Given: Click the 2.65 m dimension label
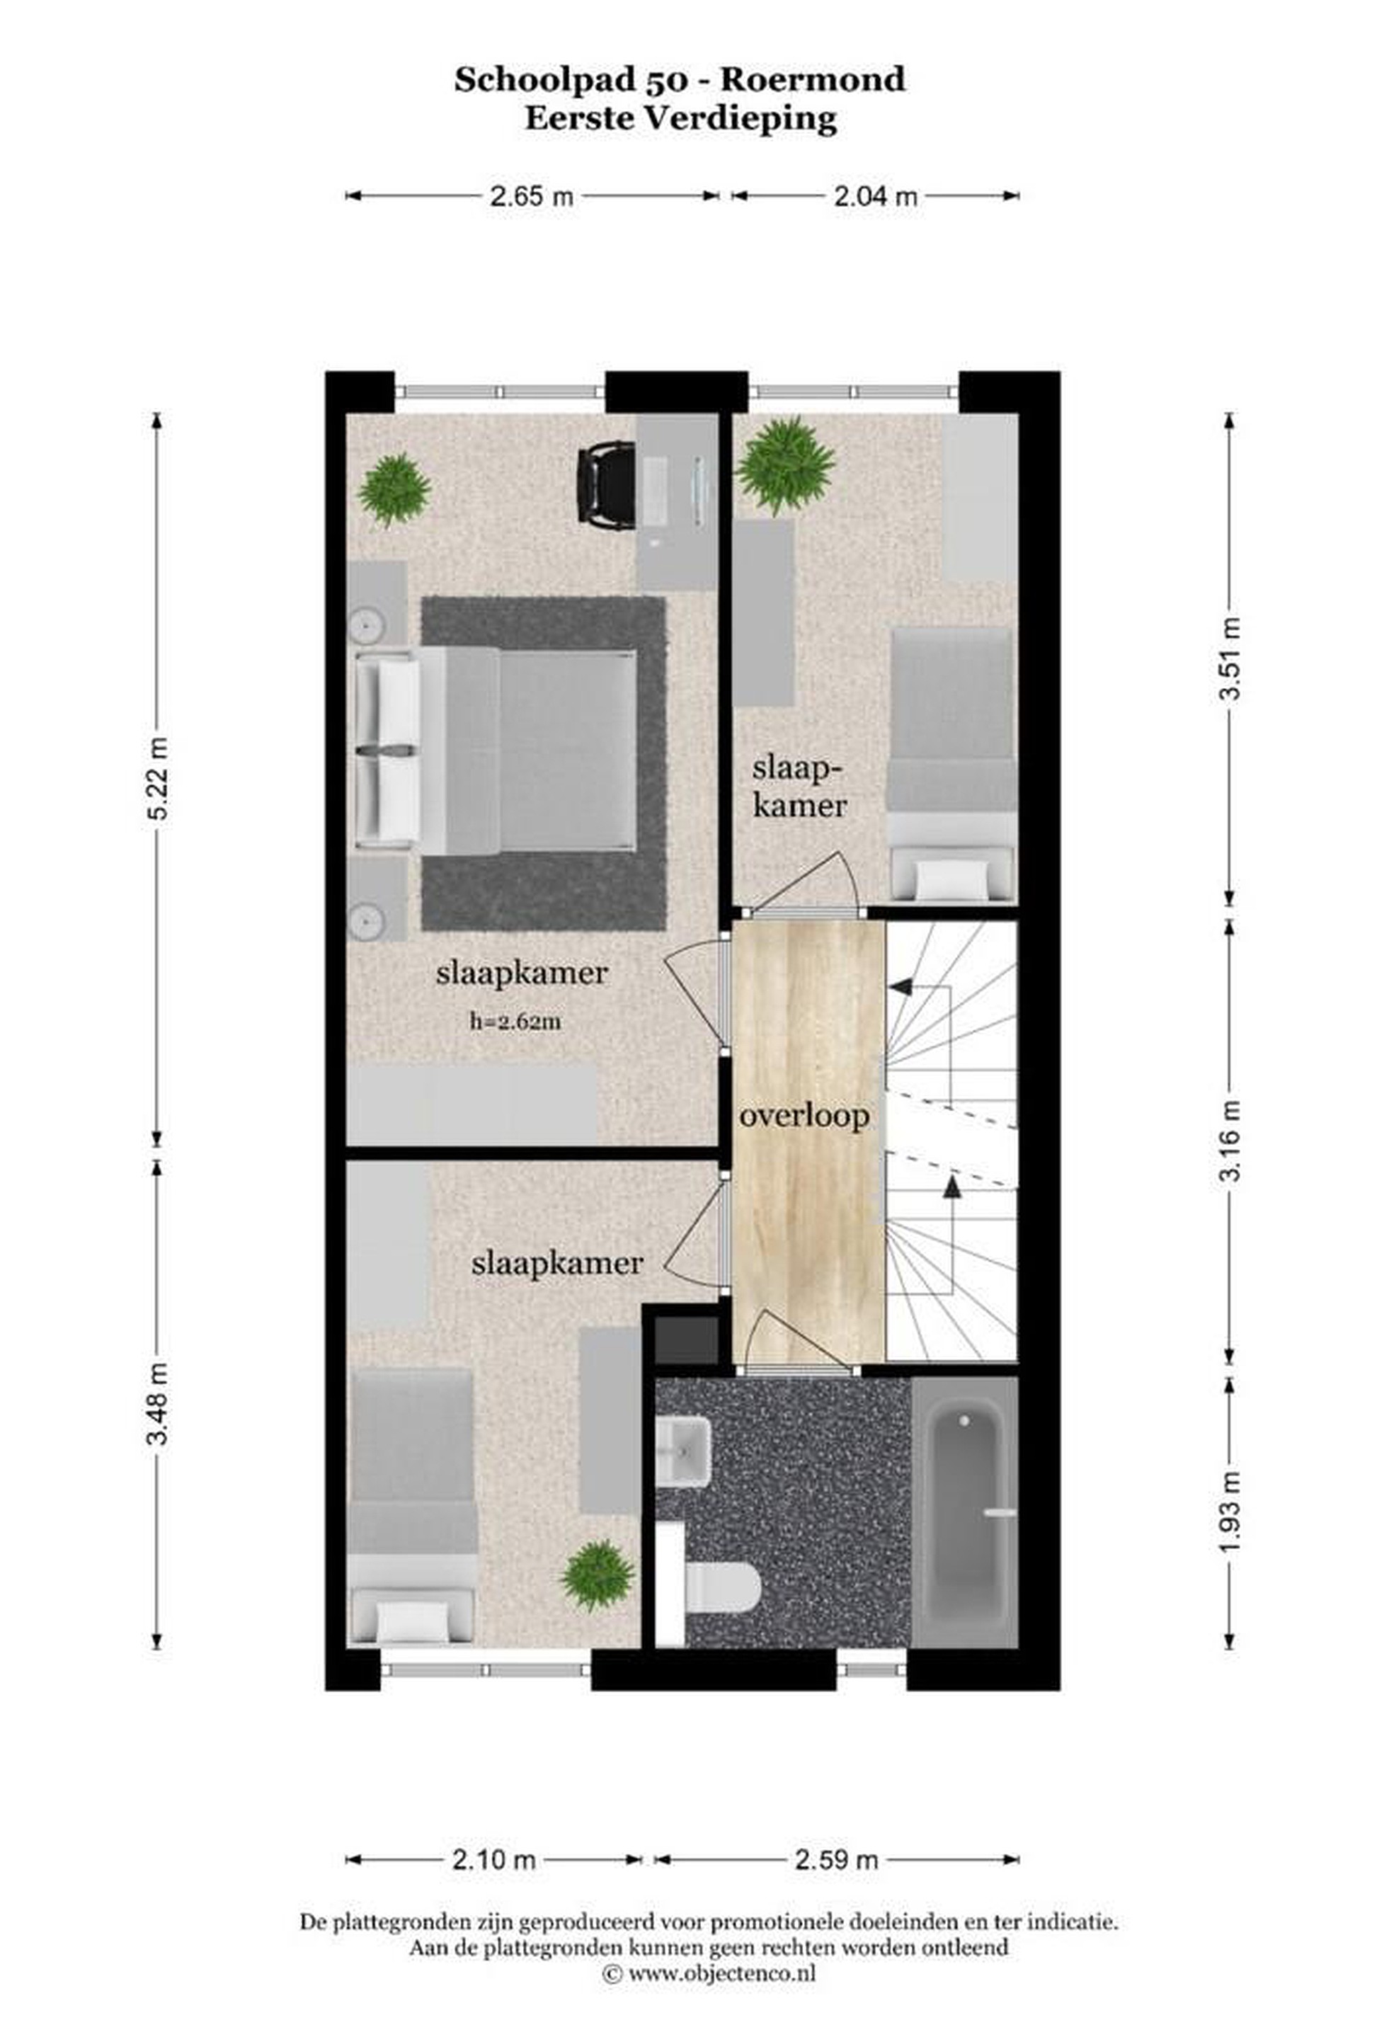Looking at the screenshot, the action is click(531, 195).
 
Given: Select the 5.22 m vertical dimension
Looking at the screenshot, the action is click(158, 777).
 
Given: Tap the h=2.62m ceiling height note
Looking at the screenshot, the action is click(516, 1021).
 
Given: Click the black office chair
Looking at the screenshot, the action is click(605, 484).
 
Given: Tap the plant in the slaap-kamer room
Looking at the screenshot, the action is click(784, 466).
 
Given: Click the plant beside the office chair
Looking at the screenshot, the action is click(394, 489).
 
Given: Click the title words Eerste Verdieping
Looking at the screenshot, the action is click(680, 118).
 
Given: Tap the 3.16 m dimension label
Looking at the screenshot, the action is click(1233, 1140).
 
